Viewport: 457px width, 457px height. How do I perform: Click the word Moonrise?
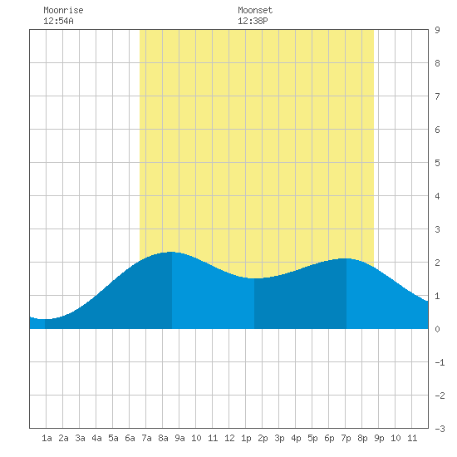click(63, 10)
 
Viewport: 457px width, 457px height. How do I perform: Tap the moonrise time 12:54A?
click(58, 21)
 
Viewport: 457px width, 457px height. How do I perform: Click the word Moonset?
click(255, 10)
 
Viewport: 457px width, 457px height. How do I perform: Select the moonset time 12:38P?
click(253, 21)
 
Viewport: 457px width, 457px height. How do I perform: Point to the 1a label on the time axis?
click(47, 438)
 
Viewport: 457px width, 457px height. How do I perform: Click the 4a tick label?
click(96, 438)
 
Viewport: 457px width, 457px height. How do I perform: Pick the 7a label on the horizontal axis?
click(146, 438)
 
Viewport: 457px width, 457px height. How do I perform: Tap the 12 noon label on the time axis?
click(229, 438)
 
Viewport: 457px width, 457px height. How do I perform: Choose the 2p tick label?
click(263, 438)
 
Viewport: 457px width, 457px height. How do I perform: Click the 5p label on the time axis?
click(312, 438)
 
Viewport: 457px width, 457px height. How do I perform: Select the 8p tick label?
click(362, 438)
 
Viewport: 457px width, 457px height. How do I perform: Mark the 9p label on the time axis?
click(379, 438)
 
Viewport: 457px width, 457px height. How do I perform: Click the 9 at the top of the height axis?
click(437, 30)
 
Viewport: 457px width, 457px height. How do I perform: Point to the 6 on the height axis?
click(437, 130)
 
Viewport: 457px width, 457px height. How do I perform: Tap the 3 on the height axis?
click(437, 229)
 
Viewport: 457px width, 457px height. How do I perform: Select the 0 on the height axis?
click(437, 329)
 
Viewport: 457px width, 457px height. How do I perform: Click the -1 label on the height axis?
click(440, 362)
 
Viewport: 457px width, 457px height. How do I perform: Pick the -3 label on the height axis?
click(440, 429)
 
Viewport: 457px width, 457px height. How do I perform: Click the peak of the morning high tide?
click(171, 252)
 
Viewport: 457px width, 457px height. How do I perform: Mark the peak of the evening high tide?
click(346, 258)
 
